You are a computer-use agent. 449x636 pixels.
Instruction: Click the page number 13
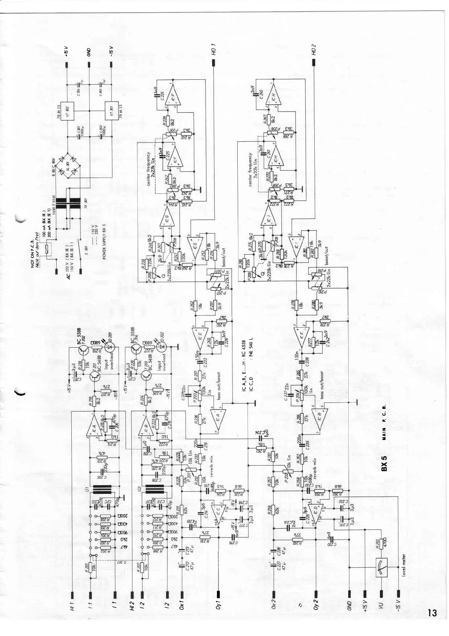pyautogui.click(x=432, y=613)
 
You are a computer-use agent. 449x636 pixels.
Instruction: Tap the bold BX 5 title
pyautogui.click(x=384, y=463)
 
